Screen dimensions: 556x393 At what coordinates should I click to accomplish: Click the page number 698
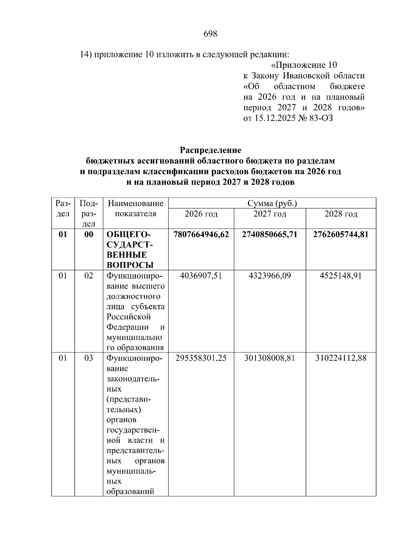pos(210,34)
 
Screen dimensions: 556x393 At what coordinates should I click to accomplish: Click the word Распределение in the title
pos(210,150)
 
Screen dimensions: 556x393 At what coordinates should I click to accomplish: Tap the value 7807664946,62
pos(201,235)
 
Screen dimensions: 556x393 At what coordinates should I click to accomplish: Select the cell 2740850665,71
pos(270,235)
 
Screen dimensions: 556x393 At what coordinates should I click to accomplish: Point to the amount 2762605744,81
pos(341,235)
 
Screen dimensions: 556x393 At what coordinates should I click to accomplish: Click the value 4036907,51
pos(201,276)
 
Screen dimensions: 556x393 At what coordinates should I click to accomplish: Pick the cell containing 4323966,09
pos(270,276)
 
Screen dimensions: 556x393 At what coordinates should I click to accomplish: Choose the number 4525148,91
pos(341,276)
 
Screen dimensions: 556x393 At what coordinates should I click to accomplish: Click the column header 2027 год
pos(270,214)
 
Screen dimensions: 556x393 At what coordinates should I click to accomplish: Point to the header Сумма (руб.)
pos(272,203)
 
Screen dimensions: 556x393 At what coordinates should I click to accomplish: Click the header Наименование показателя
pos(136,209)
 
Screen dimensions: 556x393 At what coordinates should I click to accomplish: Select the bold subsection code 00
pos(89,235)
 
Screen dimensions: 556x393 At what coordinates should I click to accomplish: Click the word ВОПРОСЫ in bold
pos(130,265)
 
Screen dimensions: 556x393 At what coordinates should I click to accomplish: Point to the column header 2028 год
pos(341,214)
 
